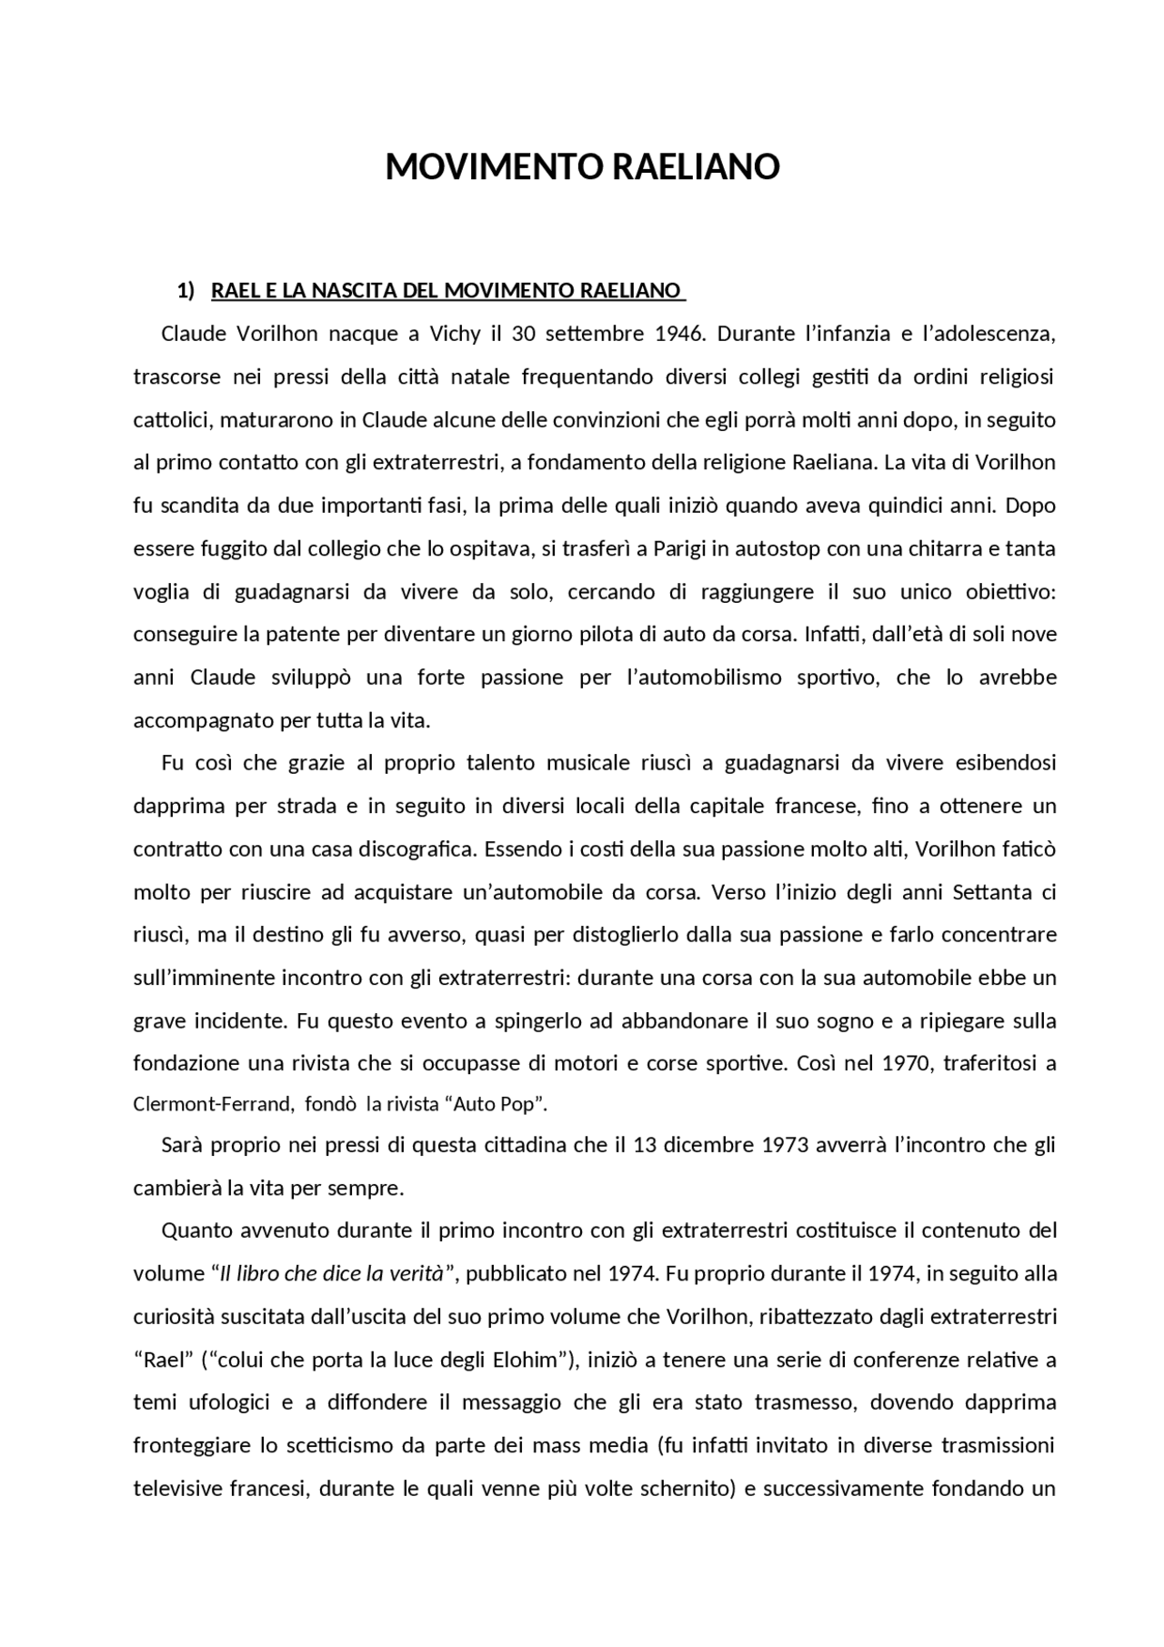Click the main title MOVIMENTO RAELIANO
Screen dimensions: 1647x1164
(582, 167)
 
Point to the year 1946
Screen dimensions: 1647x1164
(679, 334)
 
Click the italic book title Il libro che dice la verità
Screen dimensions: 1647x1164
(332, 1274)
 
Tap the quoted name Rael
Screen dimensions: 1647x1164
(166, 1361)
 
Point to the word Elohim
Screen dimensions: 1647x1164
(523, 1361)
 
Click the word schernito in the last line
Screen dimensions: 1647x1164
(687, 1490)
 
